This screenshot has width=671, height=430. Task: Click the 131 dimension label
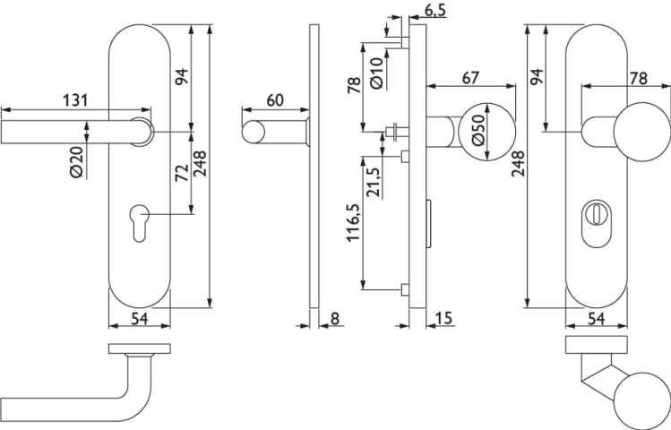click(x=75, y=99)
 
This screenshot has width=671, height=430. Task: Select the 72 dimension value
click(x=179, y=173)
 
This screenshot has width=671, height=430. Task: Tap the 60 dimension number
click(x=274, y=99)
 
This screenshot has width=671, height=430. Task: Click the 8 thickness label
click(x=335, y=318)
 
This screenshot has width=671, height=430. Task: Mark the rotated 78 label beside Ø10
click(x=353, y=85)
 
